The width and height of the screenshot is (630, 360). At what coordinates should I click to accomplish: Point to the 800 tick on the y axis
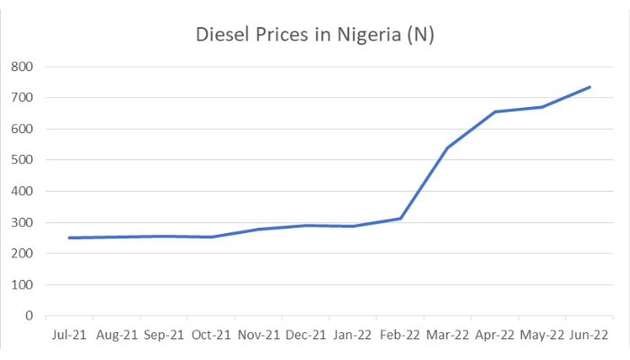point(22,67)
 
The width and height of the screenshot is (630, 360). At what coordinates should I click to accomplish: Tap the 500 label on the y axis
point(22,160)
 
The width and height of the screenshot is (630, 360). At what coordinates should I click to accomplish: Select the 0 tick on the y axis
point(30,316)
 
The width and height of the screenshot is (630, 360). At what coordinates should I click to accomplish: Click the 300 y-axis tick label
point(22,222)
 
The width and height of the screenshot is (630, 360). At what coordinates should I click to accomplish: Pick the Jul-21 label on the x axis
point(68,335)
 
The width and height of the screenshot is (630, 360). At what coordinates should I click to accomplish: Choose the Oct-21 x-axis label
point(211,335)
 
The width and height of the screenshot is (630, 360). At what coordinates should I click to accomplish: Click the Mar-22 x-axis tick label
point(448,335)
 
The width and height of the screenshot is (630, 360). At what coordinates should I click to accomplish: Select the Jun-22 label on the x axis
point(589,335)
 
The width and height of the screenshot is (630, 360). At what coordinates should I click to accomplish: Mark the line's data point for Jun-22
point(589,87)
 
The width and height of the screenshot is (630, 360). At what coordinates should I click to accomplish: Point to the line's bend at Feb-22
point(400,218)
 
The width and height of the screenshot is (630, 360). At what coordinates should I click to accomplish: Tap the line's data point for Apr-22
point(495,112)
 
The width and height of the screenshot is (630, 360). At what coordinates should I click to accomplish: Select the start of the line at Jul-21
point(69,238)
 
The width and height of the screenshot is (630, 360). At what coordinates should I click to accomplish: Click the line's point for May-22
point(543,107)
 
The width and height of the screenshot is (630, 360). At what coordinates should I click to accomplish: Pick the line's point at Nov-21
point(259,229)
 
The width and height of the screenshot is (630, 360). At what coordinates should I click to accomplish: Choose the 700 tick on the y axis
point(22,97)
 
